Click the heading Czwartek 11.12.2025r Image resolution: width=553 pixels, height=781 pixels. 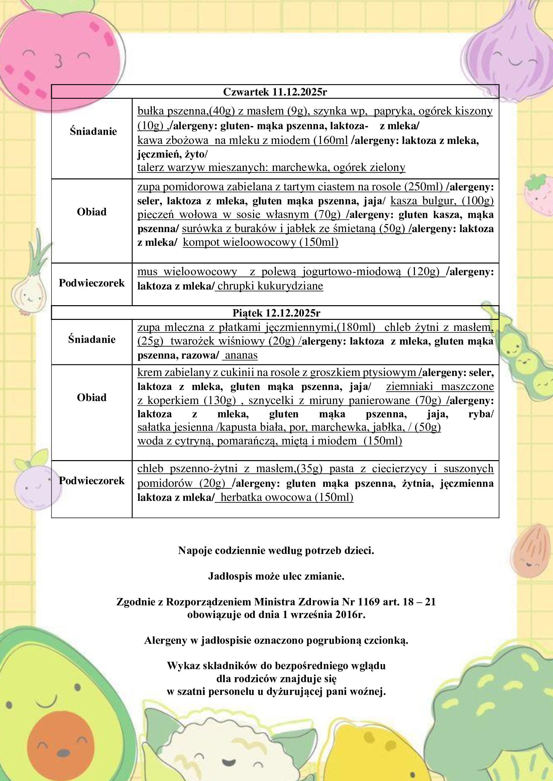275,92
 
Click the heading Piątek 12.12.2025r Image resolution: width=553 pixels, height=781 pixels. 276,313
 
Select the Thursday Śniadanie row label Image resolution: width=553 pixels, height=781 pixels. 93,131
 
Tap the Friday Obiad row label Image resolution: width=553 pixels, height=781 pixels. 92,397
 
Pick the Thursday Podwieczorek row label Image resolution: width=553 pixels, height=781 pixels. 92,283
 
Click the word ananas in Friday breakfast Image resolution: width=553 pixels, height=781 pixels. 241,355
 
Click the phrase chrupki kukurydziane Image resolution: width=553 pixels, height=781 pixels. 270,286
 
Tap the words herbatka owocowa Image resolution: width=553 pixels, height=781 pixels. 265,497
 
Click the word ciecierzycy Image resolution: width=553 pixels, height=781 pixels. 399,469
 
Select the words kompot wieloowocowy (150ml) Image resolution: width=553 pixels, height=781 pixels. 260,242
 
